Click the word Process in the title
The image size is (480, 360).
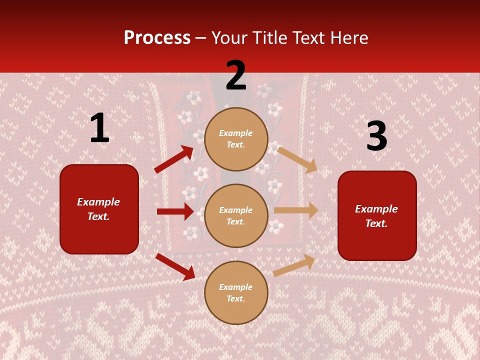pos(157,38)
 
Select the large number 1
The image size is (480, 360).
pos(99,128)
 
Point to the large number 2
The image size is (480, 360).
pos(236,75)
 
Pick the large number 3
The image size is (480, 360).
pos(376,136)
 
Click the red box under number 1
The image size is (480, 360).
pos(99,209)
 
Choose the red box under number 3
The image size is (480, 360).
pos(377,215)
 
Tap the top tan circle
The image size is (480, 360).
pos(236,139)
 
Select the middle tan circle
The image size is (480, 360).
pos(236,215)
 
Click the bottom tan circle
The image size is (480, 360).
pos(236,292)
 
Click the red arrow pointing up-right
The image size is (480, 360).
pos(174,159)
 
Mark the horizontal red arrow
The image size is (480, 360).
pos(175,211)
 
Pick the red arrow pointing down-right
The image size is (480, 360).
pos(175,266)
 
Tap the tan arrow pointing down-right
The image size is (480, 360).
pos(297,159)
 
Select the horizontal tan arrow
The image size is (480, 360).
pos(296,210)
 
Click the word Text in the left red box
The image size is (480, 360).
pos(98,216)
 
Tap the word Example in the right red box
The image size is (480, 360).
pos(376,209)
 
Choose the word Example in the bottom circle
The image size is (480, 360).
pos(236,287)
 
